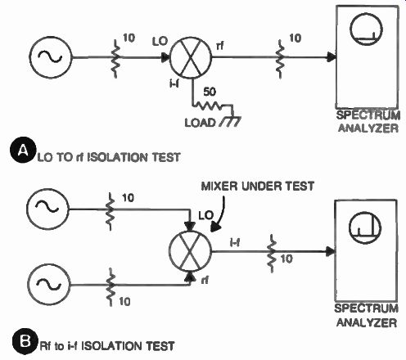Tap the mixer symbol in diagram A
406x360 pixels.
191,58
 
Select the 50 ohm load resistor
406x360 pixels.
208,106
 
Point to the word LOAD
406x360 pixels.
200,123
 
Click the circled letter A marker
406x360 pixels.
23,150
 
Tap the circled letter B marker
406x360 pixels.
25,341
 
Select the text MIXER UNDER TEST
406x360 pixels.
258,187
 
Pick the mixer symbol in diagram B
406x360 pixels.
190,251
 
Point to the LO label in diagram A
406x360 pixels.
160,41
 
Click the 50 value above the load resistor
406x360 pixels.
210,92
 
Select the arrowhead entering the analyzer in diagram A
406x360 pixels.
332,57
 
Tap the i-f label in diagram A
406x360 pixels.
174,84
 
